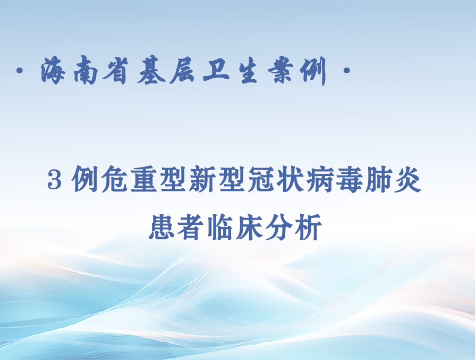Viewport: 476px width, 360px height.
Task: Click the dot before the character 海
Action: point(20,71)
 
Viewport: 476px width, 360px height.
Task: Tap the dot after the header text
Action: point(346,71)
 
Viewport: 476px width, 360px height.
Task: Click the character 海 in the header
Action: point(53,70)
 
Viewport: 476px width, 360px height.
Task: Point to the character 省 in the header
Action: point(115,70)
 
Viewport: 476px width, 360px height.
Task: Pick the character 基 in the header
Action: point(151,71)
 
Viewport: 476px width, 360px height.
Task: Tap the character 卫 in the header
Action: point(216,70)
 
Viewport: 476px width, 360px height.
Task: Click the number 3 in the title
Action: point(55,180)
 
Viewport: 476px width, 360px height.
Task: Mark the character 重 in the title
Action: point(144,179)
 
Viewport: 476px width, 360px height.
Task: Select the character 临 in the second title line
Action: point(220,227)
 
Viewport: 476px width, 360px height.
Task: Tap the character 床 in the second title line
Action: point(250,227)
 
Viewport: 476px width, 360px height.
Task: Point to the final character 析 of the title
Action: point(309,227)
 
